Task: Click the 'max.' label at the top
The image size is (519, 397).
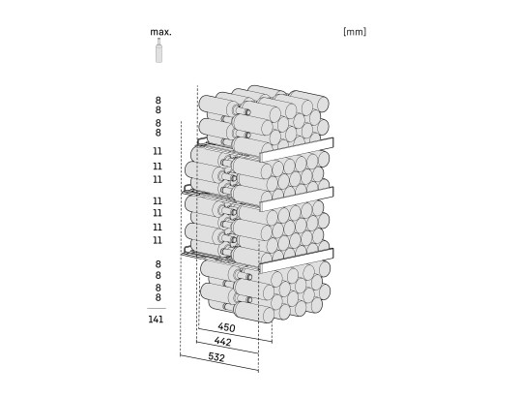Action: coord(160,32)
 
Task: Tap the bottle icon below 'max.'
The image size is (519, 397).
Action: coord(159,50)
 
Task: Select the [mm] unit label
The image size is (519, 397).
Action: coord(355,32)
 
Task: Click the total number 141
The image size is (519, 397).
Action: coord(156,320)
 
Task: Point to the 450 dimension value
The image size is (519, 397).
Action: coord(226,327)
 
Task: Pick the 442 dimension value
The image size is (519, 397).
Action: coord(222,341)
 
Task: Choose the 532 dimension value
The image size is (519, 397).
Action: coord(216,357)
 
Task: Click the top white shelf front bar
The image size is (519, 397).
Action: coord(297,149)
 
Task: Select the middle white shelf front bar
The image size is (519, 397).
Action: coord(297,198)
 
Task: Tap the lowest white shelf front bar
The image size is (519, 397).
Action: coord(297,260)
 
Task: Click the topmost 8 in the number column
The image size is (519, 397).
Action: coord(158,100)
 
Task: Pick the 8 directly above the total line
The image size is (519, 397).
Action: coord(158,297)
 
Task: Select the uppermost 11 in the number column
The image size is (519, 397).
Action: coord(158,151)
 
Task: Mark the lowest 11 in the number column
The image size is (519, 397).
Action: coord(158,240)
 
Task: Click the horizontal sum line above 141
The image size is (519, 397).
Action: coord(157,309)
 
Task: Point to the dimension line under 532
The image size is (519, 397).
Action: coord(219,362)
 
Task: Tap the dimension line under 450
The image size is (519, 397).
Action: coord(235,335)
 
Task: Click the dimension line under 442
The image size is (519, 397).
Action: coord(227,348)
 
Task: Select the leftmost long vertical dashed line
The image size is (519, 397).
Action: coord(181,239)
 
